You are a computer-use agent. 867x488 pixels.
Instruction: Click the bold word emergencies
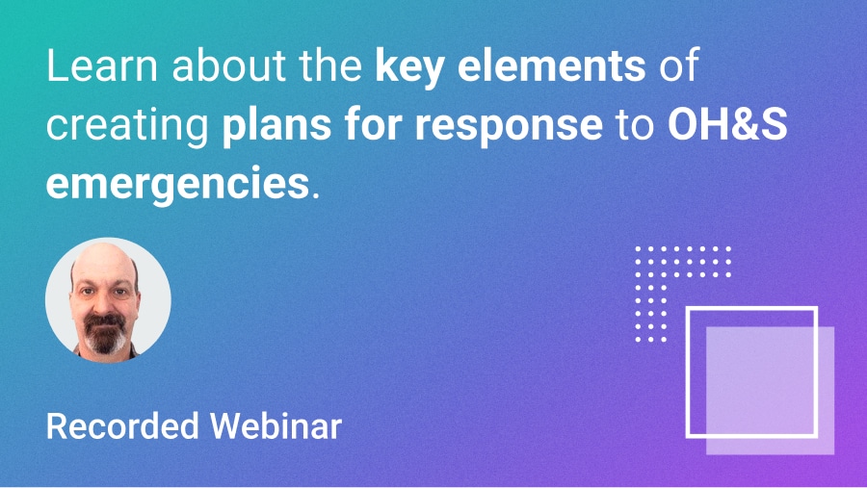tap(176, 182)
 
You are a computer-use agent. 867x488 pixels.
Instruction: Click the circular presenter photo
tap(108, 299)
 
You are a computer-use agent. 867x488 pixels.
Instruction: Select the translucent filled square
tap(790, 424)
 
